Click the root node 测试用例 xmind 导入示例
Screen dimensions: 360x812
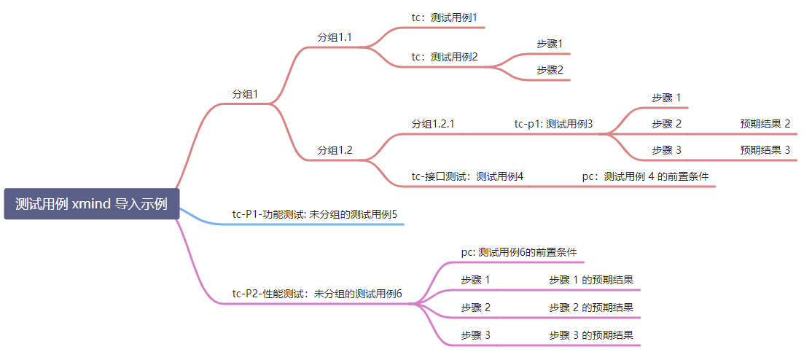[92, 204]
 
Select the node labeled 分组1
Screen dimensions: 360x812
[245, 94]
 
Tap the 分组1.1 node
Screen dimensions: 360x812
[335, 37]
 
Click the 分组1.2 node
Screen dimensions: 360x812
[335, 150]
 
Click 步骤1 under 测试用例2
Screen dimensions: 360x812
[550, 44]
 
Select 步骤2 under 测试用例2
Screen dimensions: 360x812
[550, 70]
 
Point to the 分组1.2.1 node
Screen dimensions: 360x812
[433, 124]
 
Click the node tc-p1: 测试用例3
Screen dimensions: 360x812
[553, 124]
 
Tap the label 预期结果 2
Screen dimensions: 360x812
[765, 124]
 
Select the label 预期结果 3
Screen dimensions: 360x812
[765, 150]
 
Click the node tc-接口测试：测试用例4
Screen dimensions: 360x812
[467, 176]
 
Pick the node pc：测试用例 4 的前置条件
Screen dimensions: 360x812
[645, 176]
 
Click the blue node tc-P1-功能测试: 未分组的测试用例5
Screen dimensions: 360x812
[314, 214]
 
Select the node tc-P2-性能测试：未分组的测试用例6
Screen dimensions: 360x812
[317, 294]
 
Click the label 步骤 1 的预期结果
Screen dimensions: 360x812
[591, 279]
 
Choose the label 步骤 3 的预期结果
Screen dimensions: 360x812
[591, 335]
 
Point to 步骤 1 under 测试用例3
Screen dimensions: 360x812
[666, 98]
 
